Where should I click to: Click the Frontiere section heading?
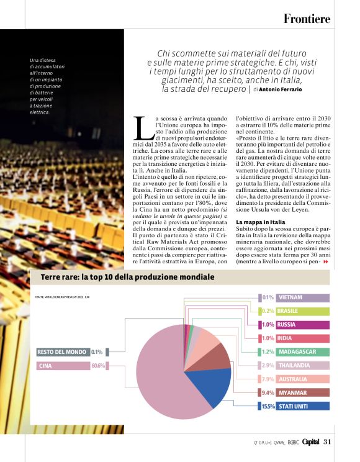pyautogui.click(x=307, y=19)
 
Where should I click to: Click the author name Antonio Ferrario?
pyautogui.click(x=279, y=89)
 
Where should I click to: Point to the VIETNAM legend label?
pyautogui.click(x=291, y=297)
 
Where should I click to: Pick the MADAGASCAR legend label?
pyautogui.click(x=297, y=351)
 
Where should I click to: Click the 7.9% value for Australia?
pyautogui.click(x=268, y=379)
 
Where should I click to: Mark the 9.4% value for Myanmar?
pyautogui.click(x=268, y=392)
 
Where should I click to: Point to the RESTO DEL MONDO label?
pyautogui.click(x=61, y=352)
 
